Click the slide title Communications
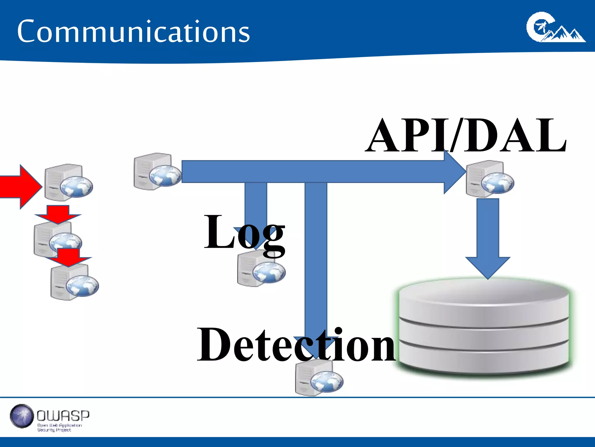133,31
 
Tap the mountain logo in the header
555,28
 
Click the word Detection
296,345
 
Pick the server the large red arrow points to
68,183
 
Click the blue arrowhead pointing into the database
488,266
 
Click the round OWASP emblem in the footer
22,416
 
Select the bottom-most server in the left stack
74,282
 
